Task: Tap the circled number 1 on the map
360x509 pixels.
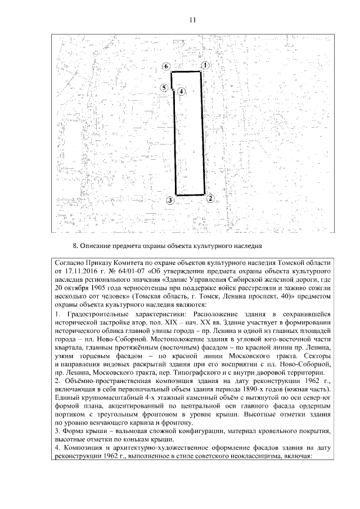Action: click(x=206, y=65)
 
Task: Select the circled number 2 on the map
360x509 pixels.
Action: click(x=209, y=198)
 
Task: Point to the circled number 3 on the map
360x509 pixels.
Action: click(x=170, y=200)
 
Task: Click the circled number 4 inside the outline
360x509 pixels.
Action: click(x=181, y=91)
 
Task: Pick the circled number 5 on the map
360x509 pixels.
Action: click(x=163, y=88)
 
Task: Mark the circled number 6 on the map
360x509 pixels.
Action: click(x=166, y=66)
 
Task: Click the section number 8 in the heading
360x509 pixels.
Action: click(x=75, y=246)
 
